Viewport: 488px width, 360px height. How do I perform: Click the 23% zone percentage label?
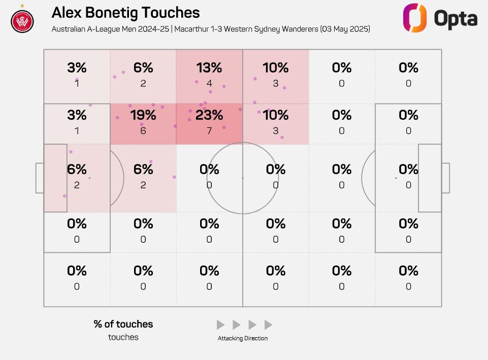(209, 115)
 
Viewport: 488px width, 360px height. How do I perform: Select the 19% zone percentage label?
(143, 115)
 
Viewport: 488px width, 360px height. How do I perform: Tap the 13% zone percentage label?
(209, 68)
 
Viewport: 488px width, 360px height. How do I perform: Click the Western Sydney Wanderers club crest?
(22, 21)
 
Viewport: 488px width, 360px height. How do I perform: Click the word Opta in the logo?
(456, 19)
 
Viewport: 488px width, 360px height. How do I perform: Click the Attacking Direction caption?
(243, 338)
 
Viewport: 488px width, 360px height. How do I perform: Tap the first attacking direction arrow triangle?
(220, 325)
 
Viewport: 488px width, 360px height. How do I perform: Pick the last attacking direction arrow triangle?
(269, 325)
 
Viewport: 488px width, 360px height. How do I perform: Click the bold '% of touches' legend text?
(123, 324)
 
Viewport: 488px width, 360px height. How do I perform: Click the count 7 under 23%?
(209, 130)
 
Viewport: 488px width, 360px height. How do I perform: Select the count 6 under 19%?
(143, 130)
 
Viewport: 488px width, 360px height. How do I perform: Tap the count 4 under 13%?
(209, 83)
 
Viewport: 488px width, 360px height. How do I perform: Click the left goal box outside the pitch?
(40, 178)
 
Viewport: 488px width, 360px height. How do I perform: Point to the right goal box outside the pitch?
(445, 178)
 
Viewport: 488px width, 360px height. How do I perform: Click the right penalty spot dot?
(396, 178)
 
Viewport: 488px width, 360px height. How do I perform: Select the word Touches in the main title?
(171, 13)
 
